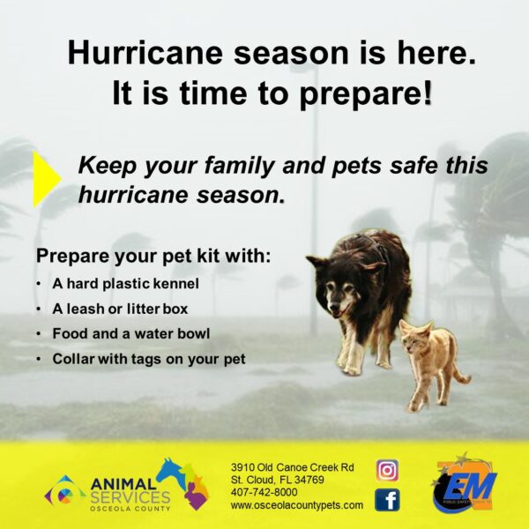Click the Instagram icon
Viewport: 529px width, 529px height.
coord(387,470)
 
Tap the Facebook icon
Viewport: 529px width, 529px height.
coord(387,500)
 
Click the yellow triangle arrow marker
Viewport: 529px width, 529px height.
coord(47,178)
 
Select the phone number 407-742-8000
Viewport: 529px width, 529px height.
coord(264,492)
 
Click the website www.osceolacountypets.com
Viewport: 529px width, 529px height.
coord(297,505)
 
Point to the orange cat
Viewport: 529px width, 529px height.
coord(432,364)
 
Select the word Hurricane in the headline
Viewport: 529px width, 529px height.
coord(145,53)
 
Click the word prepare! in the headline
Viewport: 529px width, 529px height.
coord(365,93)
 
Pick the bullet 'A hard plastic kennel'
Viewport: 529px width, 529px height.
coord(125,284)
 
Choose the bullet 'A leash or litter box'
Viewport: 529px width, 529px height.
coord(120,309)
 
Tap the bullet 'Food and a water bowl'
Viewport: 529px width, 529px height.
coord(131,333)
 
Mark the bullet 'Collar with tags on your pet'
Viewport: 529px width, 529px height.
coord(149,359)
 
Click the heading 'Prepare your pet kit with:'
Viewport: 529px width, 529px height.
coord(153,256)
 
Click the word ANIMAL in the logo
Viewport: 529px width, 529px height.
coord(123,484)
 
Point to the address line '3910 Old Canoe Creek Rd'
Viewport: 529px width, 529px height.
coord(293,467)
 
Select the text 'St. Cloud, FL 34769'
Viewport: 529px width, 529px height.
coord(278,480)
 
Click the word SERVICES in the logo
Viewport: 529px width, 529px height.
coord(130,497)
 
